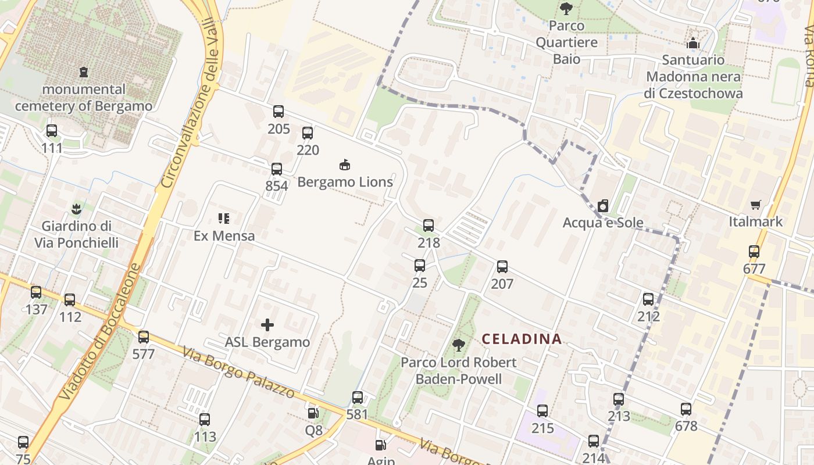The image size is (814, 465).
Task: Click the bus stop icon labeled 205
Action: pos(279,111)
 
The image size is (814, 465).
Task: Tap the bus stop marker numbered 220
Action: pos(308,133)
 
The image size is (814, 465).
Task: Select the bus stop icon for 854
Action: pos(277,169)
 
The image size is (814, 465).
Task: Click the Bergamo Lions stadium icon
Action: pos(345,164)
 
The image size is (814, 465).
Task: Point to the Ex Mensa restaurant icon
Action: pos(224,219)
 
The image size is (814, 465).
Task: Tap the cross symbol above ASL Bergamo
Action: pos(267,324)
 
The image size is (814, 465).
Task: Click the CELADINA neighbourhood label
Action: pos(522,339)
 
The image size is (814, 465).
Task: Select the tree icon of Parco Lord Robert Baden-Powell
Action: pos(459,345)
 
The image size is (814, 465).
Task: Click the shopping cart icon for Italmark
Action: pos(755,205)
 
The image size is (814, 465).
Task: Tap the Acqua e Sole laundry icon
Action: pos(603,206)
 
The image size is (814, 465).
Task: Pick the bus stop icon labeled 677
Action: pos(754,252)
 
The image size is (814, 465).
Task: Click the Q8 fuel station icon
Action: pos(313,413)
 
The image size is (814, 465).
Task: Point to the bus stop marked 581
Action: pos(358,398)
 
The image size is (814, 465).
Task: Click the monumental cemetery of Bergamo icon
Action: pos(84,72)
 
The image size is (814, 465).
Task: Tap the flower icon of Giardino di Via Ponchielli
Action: pos(76,208)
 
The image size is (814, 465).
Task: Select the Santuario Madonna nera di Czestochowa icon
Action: pos(692,43)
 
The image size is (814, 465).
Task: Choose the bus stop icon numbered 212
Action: pos(648,299)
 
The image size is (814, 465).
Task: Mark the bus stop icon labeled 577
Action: pos(144,337)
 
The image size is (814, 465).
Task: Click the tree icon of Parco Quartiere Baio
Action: pos(566,8)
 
